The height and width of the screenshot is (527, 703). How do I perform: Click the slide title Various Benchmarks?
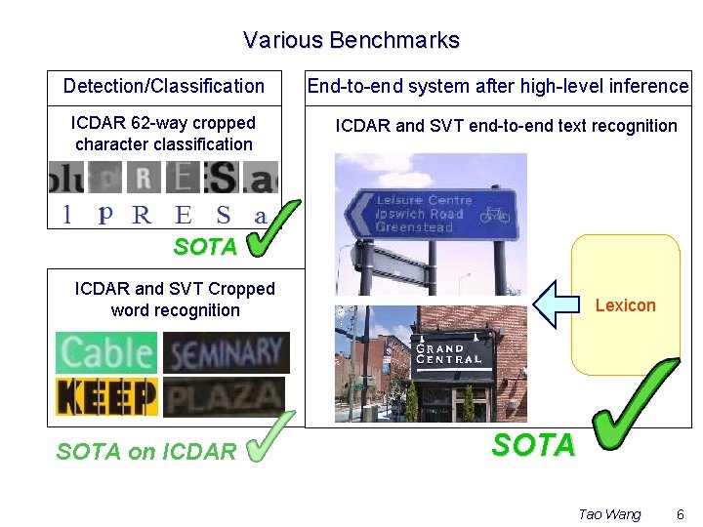click(351, 40)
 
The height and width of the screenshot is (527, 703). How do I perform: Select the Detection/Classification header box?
click(164, 86)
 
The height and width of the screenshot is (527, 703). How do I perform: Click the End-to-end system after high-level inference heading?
click(498, 86)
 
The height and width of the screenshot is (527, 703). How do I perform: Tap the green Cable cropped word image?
click(106, 352)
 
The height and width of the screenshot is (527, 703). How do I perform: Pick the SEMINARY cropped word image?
click(226, 352)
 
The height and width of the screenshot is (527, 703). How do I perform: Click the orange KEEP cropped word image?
click(106, 396)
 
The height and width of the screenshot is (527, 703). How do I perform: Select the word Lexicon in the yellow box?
click(625, 305)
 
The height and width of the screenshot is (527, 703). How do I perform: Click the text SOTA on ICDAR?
click(146, 451)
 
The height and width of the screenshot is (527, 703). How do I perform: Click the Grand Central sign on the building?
click(449, 353)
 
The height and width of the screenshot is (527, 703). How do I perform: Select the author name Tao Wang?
click(609, 514)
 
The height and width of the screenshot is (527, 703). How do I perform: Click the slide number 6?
click(680, 514)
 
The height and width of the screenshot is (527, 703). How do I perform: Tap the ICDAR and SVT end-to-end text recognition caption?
click(506, 126)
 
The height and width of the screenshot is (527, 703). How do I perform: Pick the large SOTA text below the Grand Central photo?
click(533, 446)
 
